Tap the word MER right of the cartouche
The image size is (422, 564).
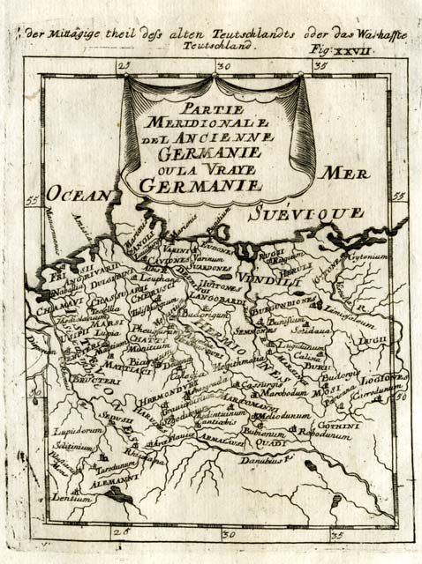coord(345,174)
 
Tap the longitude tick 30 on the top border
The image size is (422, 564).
coord(223,65)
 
